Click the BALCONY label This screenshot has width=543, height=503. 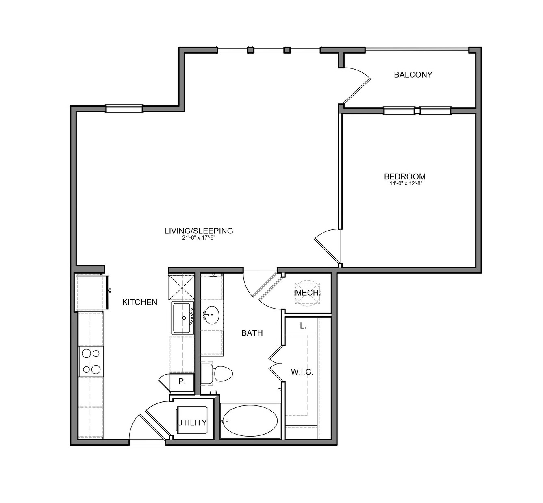click(x=413, y=75)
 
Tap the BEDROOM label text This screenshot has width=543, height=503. click(x=405, y=176)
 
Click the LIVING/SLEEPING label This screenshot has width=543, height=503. click(x=199, y=231)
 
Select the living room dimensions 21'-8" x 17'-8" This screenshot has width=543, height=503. click(x=199, y=238)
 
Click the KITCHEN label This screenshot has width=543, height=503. click(x=140, y=302)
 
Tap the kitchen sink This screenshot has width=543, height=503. click(x=182, y=318)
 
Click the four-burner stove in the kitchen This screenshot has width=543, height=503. click(x=91, y=361)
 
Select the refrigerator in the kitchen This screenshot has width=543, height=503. click(x=92, y=292)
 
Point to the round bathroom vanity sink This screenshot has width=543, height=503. click(x=212, y=315)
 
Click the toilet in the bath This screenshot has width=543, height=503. click(x=217, y=373)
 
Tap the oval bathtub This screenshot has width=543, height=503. click(x=250, y=420)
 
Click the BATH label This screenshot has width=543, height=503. click(x=252, y=333)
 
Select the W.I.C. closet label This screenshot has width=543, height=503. click(x=302, y=372)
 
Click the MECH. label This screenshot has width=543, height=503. click(x=307, y=292)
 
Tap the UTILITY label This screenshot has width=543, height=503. click(x=192, y=423)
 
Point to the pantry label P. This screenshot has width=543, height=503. click(x=182, y=381)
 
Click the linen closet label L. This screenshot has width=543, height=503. click(x=303, y=326)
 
